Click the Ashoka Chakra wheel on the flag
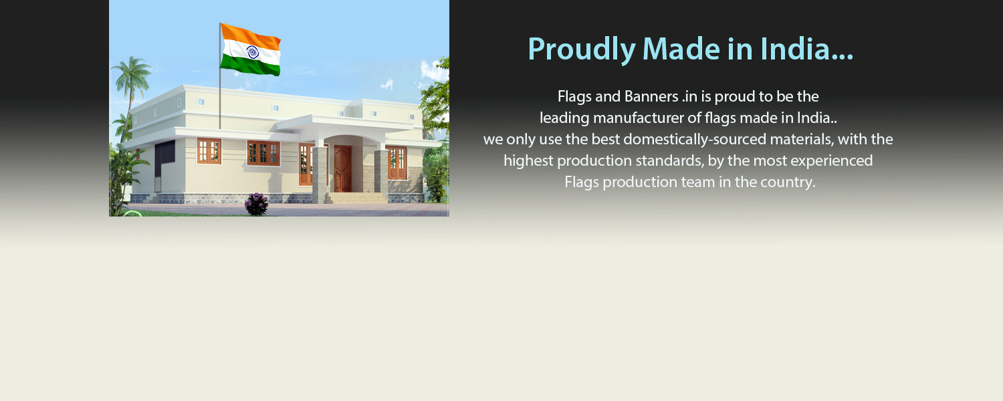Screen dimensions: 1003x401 (x=253, y=52)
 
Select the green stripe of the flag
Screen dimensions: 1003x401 (x=250, y=65)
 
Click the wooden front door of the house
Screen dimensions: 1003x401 (x=342, y=168)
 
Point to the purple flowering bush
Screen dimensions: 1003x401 (x=257, y=204)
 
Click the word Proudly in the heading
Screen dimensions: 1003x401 (x=582, y=49)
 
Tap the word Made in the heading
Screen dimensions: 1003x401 (x=681, y=49)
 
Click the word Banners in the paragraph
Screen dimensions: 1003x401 (x=651, y=96)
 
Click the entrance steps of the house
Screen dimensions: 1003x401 (x=357, y=198)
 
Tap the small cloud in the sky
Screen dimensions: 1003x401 (x=387, y=84)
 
